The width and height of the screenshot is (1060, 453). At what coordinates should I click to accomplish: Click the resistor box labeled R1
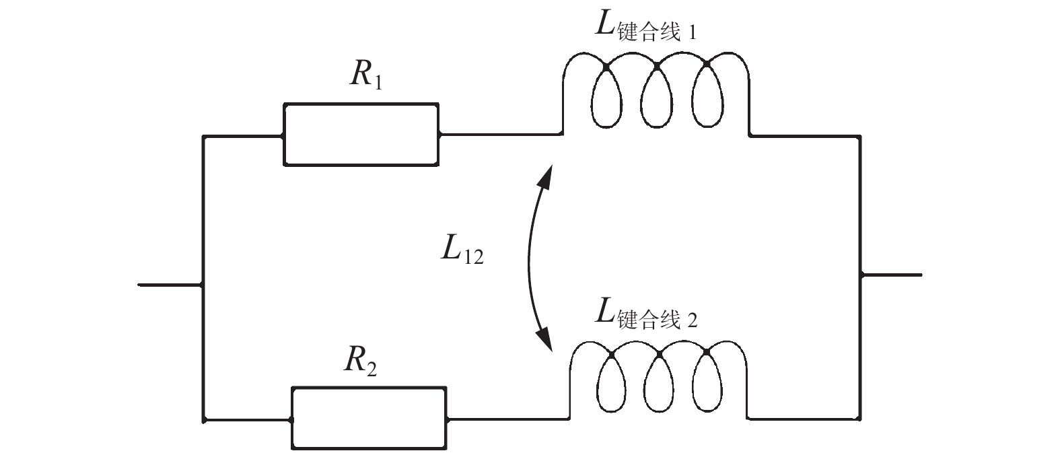click(361, 134)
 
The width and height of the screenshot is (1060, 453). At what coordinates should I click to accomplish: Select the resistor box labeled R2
click(369, 417)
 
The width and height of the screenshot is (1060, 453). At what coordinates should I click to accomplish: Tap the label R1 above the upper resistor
click(366, 76)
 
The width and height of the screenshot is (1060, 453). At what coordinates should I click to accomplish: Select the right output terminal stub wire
click(891, 275)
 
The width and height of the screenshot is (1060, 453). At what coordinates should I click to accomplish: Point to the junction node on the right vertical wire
click(861, 275)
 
